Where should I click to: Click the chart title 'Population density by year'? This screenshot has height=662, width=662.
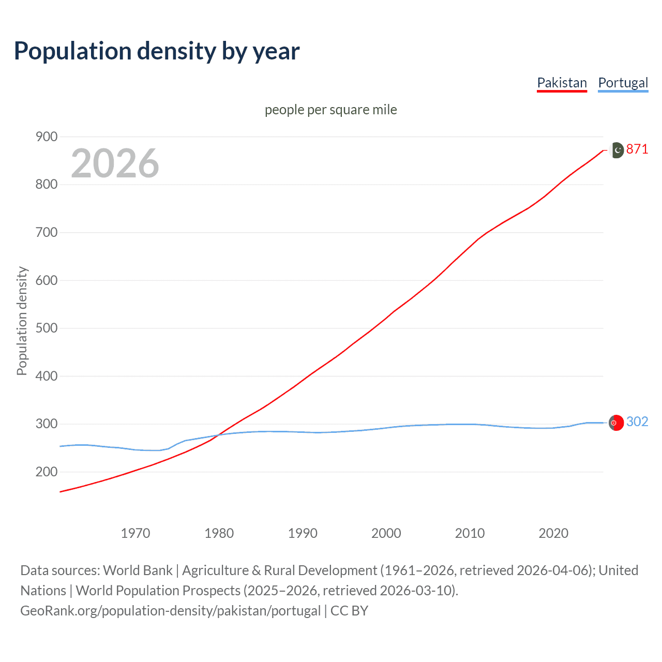(x=157, y=51)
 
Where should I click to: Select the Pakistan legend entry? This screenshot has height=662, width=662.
(x=562, y=83)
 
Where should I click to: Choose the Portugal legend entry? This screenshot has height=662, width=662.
(x=623, y=83)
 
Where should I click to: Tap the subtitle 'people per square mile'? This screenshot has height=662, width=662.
(x=330, y=110)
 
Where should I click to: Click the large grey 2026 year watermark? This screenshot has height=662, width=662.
(x=115, y=163)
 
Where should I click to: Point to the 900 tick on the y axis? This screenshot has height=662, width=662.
(x=46, y=137)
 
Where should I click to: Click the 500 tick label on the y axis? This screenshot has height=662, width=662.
(x=46, y=328)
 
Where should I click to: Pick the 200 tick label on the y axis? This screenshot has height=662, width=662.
(x=46, y=472)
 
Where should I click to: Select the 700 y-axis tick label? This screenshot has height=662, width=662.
(x=46, y=232)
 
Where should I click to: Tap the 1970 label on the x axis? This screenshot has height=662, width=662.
(x=136, y=533)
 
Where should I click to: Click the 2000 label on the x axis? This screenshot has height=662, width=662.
(x=386, y=533)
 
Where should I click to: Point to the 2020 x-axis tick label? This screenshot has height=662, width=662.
(x=553, y=533)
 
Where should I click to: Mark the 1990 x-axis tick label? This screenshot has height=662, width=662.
(x=303, y=533)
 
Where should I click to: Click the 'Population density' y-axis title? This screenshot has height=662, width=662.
(x=22, y=321)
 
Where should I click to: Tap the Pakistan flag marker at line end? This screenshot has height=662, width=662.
(x=616, y=150)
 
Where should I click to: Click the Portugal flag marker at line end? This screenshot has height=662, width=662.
(x=616, y=423)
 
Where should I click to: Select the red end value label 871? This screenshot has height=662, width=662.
(x=637, y=149)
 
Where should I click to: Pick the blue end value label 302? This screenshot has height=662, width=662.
(x=637, y=422)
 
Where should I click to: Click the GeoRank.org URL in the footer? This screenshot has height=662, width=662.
(x=170, y=610)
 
